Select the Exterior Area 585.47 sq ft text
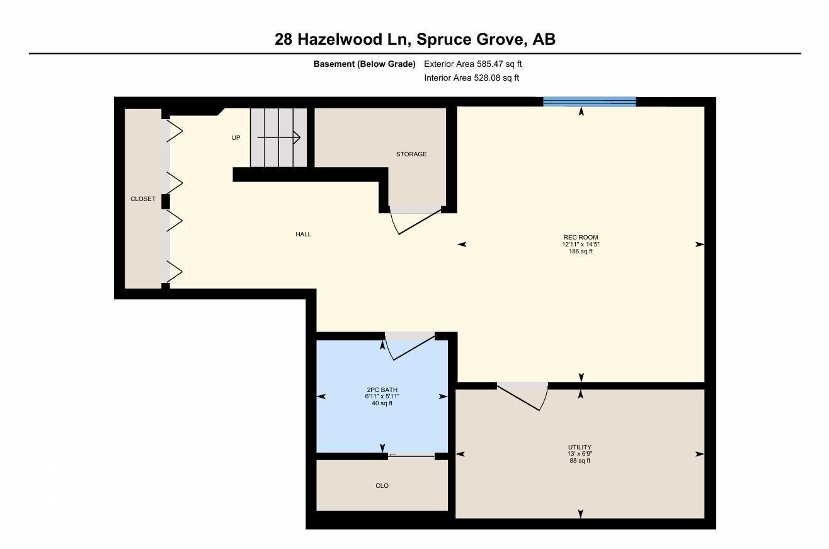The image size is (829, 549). tap(472, 64)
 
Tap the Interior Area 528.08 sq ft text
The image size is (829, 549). tap(471, 78)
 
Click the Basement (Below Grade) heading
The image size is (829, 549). tap(364, 64)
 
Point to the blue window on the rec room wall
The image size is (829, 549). tap(589, 101)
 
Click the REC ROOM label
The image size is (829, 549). tap(580, 238)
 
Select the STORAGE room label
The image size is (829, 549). tap(411, 154)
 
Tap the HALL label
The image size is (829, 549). tap(304, 234)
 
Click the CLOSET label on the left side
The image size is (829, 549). tap(142, 199)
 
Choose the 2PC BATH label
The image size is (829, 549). tap(382, 390)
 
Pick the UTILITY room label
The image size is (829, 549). tap(580, 448)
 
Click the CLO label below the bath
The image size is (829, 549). tap(382, 485)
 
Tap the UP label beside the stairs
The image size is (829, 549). tap(236, 137)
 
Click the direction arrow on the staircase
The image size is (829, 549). tap(278, 137)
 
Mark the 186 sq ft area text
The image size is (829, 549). tap(580, 251)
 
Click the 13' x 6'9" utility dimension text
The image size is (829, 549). tap(580, 454)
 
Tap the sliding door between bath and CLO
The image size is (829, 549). tap(411, 456)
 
